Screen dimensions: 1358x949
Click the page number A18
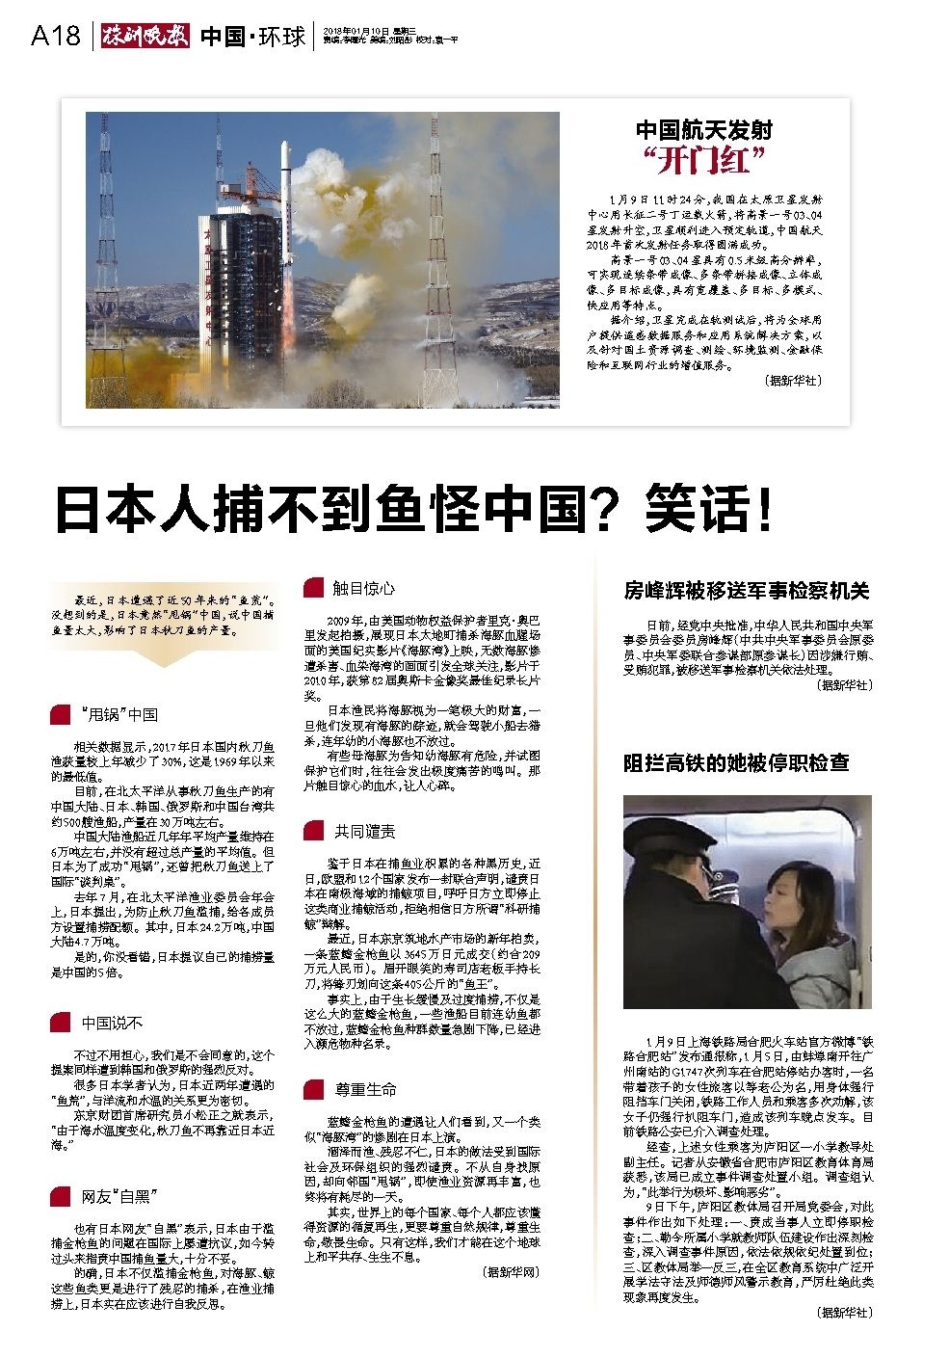(54, 36)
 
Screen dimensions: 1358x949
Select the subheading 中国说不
(112, 1023)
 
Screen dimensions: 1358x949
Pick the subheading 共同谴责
(364, 831)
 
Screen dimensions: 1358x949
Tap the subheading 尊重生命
(365, 1089)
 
